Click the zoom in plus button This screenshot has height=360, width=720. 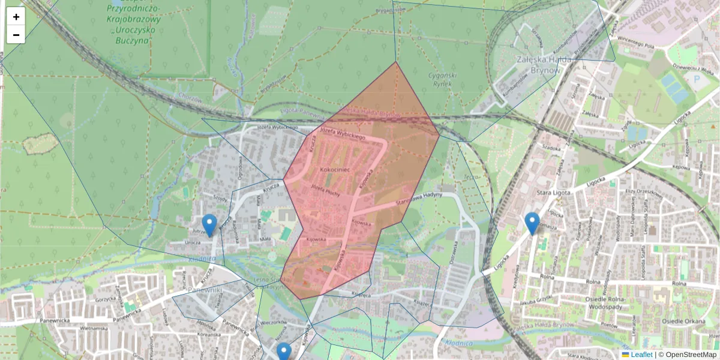[16, 17]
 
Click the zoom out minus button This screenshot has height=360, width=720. [16, 35]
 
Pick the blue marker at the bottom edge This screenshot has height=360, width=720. [284, 352]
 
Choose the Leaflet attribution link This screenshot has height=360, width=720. [641, 355]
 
